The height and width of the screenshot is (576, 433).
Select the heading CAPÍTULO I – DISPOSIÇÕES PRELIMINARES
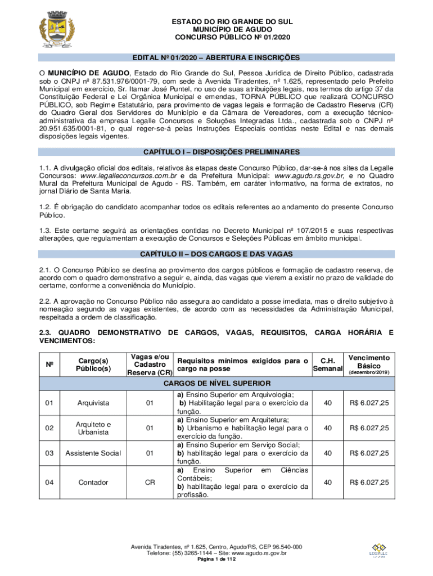coord(216,152)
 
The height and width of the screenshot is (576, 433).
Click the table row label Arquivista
coord(94,403)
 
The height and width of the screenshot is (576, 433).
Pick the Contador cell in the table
coord(94,482)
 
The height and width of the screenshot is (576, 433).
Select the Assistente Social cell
coord(94,453)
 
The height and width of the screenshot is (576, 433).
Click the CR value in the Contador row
coord(150,482)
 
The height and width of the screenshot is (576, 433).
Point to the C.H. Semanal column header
coord(327,364)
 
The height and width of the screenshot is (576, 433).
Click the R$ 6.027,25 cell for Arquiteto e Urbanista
coord(369,428)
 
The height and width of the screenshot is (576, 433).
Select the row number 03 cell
coord(49,453)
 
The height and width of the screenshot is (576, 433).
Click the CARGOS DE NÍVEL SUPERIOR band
coord(216,384)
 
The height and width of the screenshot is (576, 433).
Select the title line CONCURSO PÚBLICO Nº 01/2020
coord(216,38)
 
